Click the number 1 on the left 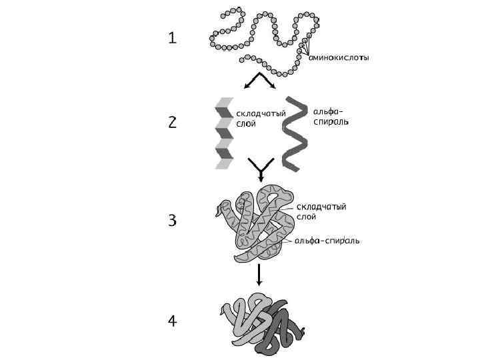pos(173,39)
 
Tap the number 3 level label pos(173,219)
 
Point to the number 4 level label pos(173,321)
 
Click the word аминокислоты pos(339,57)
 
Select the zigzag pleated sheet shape pos(223,133)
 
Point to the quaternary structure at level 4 pos(261,323)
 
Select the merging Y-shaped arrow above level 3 pos(261,169)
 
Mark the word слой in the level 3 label pos(307,217)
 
